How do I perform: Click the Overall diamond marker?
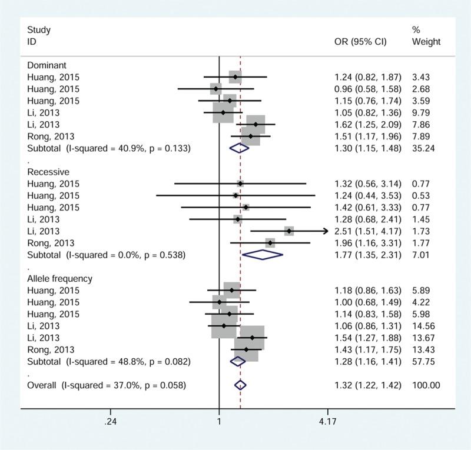pos(240,385)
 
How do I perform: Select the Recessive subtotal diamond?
pos(263,255)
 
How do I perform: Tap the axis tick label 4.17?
pos(327,422)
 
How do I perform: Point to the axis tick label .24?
pos(110,422)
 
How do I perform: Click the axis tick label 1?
pos(219,422)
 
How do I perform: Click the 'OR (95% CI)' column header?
pos(360,42)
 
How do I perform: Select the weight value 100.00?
pos(426,385)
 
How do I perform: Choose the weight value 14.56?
pos(424,326)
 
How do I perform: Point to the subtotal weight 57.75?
pos(424,361)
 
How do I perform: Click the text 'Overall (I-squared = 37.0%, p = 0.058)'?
pos(107,385)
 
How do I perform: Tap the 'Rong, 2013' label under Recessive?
pos(51,243)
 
